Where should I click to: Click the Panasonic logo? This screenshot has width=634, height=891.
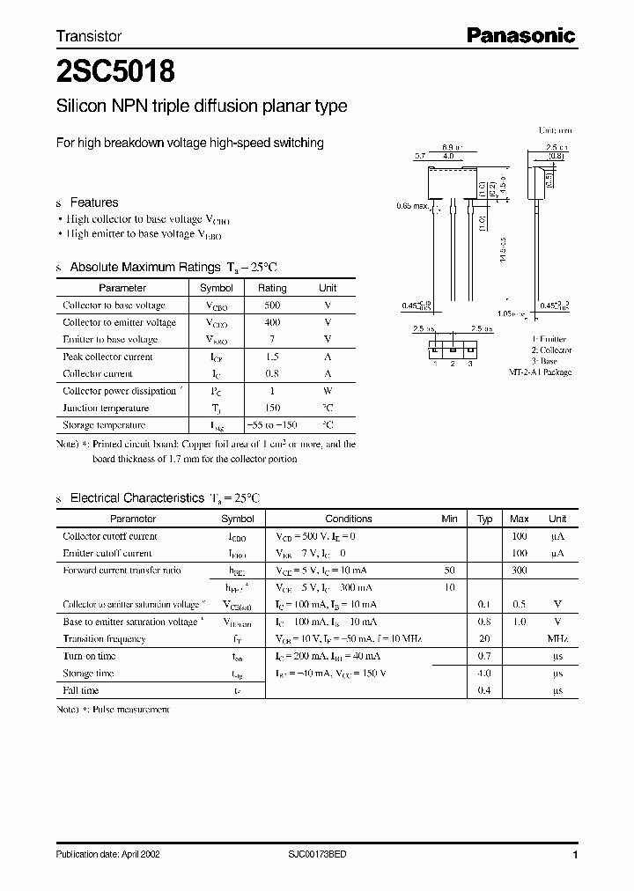pyautogui.click(x=520, y=35)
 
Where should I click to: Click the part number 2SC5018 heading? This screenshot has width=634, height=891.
pyautogui.click(x=109, y=71)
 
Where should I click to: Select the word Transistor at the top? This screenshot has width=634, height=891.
pyautogui.click(x=89, y=37)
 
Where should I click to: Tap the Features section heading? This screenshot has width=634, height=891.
pyautogui.click(x=93, y=202)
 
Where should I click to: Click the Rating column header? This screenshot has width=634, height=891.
pyautogui.click(x=271, y=288)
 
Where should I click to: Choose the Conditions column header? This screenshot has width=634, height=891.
pyautogui.click(x=349, y=519)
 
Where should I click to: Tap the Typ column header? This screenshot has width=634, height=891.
pyautogui.click(x=484, y=519)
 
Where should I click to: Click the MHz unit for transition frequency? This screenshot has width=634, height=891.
pyautogui.click(x=557, y=639)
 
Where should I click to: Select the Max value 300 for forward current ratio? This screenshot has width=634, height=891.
pyautogui.click(x=520, y=571)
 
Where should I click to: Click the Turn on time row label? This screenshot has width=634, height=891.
pyautogui.click(x=90, y=656)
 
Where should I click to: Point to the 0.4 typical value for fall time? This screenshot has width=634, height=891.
pyautogui.click(x=484, y=690)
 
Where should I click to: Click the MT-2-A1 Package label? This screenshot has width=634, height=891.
pyautogui.click(x=540, y=372)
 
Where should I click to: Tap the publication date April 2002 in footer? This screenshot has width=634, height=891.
pyautogui.click(x=107, y=854)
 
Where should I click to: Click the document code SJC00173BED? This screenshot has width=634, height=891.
pyautogui.click(x=317, y=854)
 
